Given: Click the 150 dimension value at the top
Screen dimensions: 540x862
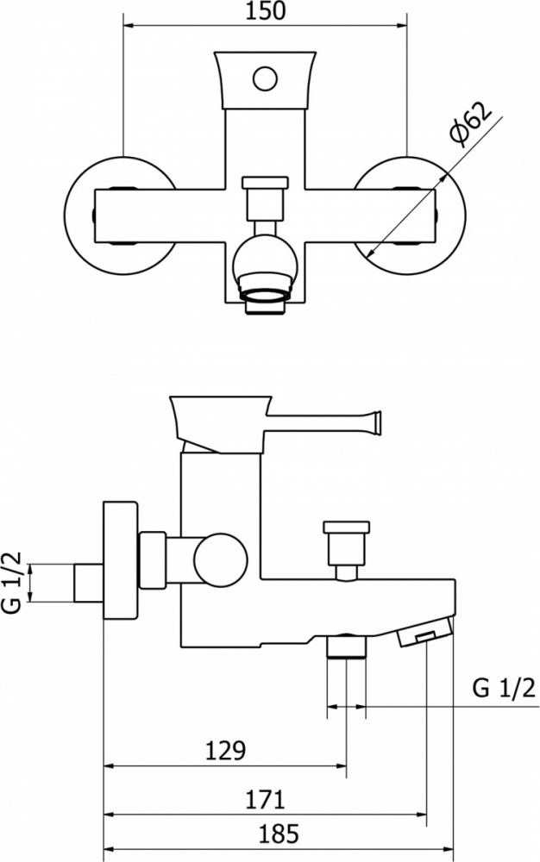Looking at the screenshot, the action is pos(265,11).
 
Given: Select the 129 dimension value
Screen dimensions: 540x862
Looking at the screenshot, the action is pos(225,750).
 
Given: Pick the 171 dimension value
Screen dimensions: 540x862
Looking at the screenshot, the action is pos(265,799).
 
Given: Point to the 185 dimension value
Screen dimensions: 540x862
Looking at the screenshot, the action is pos(279,834).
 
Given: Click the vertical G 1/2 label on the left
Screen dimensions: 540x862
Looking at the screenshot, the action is pos(12,582).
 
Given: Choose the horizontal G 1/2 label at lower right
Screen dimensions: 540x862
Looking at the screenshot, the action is pos(504,688).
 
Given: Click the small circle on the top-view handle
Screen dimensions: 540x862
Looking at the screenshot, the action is pos(265,78).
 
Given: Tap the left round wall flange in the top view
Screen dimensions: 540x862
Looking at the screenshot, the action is pos(120,215).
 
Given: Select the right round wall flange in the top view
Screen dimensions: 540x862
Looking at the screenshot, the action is pos(410,215).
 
